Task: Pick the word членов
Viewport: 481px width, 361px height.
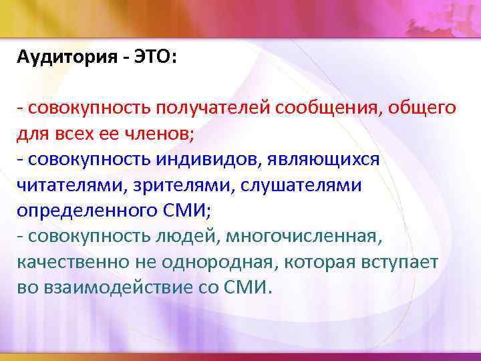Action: tap(163, 133)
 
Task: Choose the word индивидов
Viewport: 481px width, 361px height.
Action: tap(198, 158)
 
